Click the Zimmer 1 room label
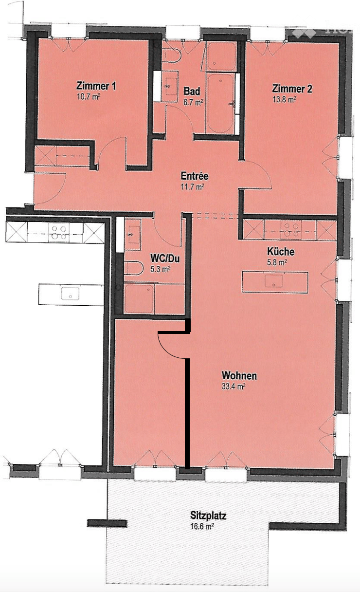click(96, 86)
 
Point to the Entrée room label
click(194, 176)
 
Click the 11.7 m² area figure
click(193, 186)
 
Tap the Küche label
click(280, 252)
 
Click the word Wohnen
click(239, 376)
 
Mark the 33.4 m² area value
click(234, 387)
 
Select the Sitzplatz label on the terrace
click(208, 516)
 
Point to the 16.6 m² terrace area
click(203, 526)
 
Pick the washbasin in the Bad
click(170, 86)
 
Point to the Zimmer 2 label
click(292, 89)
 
